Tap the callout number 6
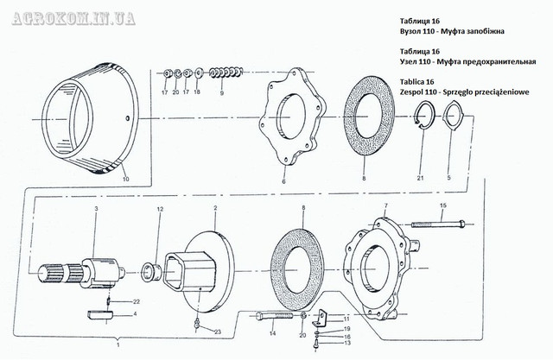point(283,182)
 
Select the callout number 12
point(160,210)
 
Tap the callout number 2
point(215,209)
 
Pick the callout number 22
point(137,300)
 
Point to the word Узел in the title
point(414,62)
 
